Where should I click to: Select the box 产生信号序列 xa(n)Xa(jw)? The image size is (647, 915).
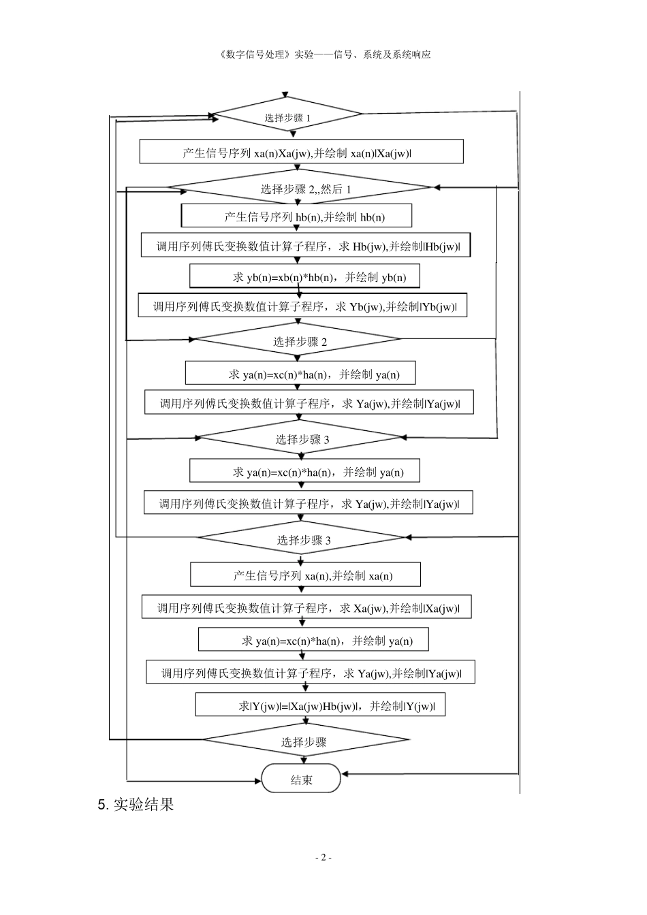click(x=301, y=152)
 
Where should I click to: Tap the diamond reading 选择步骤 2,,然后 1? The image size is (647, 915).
click(x=300, y=188)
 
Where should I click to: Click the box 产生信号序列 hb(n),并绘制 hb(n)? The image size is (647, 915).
click(x=296, y=216)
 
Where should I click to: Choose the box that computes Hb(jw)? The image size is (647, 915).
click(x=306, y=246)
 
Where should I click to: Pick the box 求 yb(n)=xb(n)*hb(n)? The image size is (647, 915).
click(x=304, y=276)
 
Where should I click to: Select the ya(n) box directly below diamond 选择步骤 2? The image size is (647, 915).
click(x=300, y=374)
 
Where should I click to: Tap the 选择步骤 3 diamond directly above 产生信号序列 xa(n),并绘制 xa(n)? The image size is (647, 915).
click(x=302, y=539)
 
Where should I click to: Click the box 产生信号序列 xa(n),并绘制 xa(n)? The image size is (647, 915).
click(x=305, y=575)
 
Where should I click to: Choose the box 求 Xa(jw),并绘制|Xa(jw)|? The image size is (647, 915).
click(x=305, y=607)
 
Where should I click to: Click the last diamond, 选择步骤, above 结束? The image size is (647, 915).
click(x=306, y=741)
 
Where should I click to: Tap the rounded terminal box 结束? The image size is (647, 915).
click(x=301, y=779)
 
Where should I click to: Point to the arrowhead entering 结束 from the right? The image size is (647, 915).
click(x=345, y=773)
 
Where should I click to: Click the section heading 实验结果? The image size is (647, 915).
click(x=144, y=805)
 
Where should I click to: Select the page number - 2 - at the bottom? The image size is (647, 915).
click(x=323, y=858)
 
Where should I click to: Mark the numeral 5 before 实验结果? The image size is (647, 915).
click(x=102, y=805)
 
